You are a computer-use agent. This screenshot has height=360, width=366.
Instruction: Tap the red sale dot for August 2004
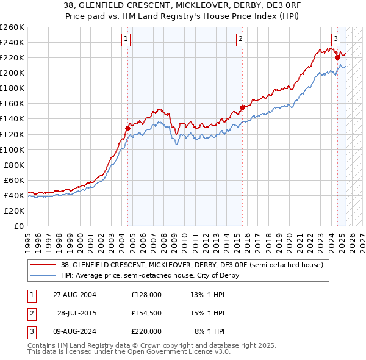tap(128, 128)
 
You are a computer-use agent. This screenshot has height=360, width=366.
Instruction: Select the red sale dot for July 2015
tap(242, 107)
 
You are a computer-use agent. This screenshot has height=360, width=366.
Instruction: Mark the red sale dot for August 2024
tap(337, 57)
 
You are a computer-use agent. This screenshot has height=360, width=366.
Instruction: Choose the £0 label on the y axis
tap(19, 226)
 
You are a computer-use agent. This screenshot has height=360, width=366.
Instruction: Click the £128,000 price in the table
tap(146, 294)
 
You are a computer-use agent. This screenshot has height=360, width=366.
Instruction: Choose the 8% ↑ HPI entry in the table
tap(209, 331)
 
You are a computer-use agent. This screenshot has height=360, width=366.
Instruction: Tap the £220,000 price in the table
tap(146, 331)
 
